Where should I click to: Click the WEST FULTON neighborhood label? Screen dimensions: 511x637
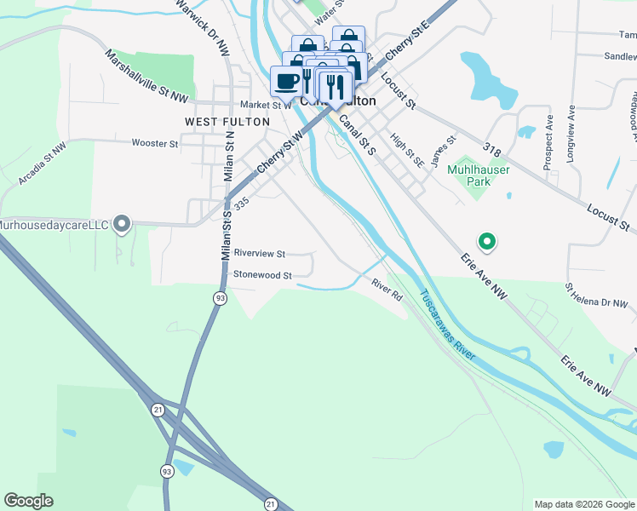227,122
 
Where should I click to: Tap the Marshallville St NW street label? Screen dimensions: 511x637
146,76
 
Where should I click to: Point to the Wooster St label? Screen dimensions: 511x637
155,143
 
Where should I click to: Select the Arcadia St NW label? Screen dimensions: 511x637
42,165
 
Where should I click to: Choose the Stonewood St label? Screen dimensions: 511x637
263,275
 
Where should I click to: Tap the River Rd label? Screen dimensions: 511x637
386,290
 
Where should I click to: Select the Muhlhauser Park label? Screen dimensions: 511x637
478,175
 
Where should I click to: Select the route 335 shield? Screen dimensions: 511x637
241,204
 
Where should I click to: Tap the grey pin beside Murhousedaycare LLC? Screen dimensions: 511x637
122,224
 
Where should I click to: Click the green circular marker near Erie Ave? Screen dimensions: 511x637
487,242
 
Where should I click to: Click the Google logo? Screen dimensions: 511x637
28,501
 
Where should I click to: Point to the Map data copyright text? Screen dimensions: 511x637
583,504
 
